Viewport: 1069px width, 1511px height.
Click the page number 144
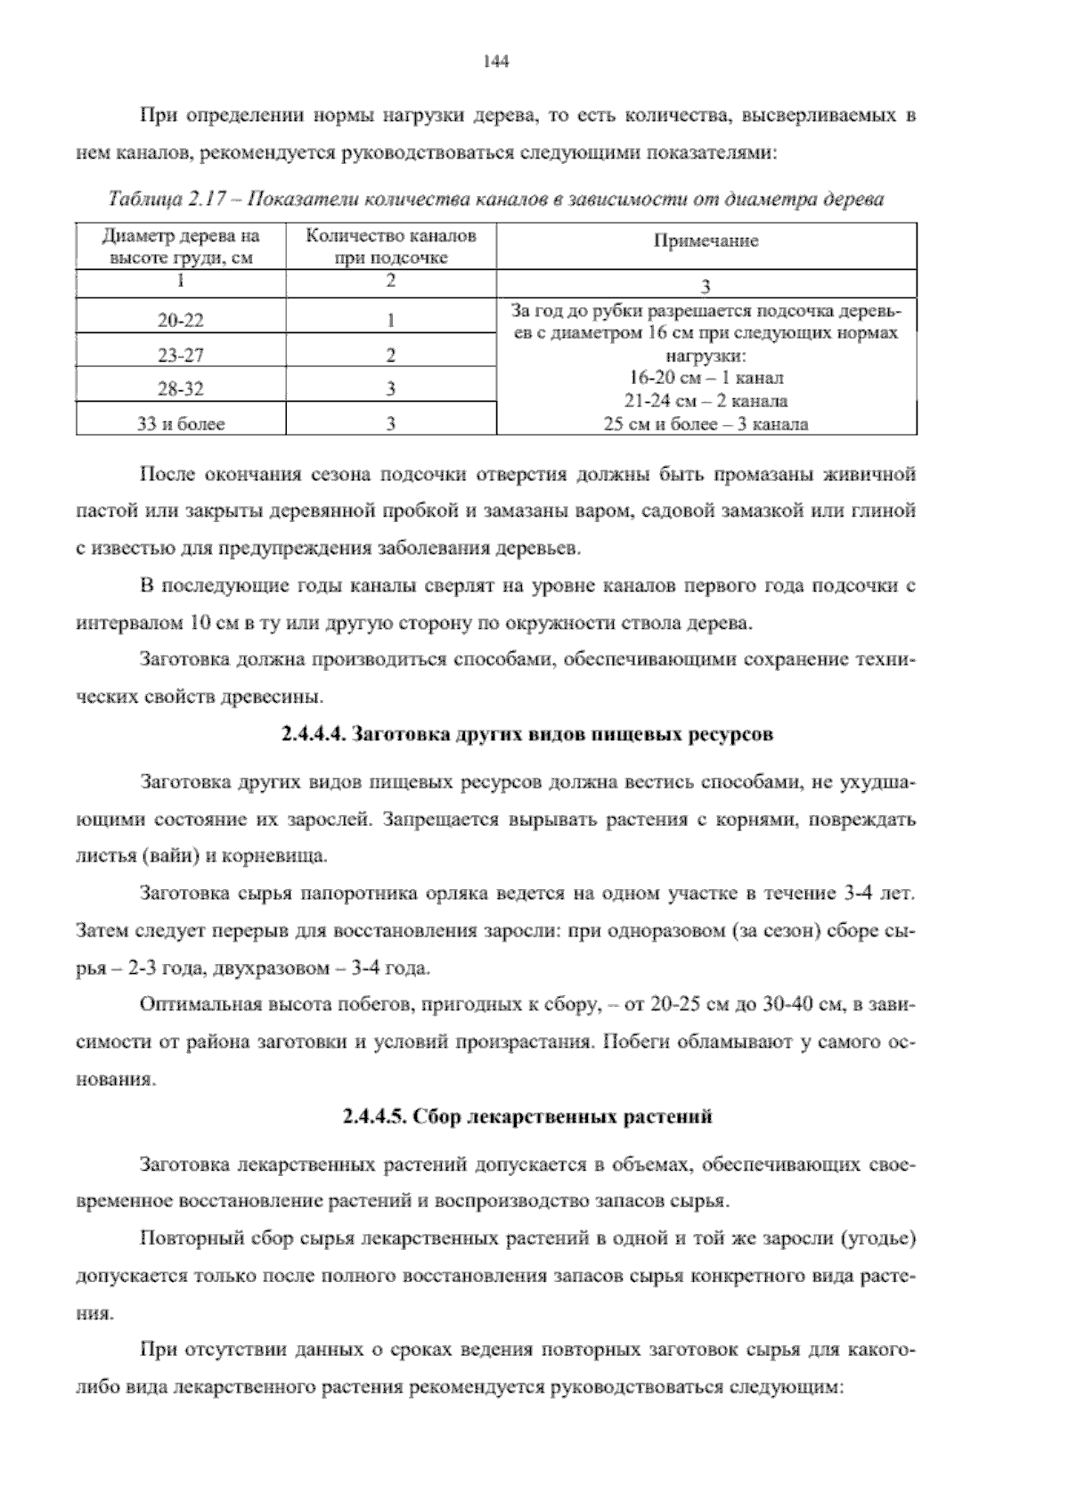click(494, 61)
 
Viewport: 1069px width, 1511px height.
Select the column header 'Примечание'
click(706, 241)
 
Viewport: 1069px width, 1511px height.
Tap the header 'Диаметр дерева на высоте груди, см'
click(181, 247)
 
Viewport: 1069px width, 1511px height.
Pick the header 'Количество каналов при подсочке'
click(391, 247)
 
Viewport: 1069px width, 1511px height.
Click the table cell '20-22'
click(181, 321)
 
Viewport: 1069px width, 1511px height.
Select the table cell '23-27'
click(181, 355)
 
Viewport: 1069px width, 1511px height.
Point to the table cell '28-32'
click(181, 389)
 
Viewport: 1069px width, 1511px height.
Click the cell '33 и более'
click(181, 424)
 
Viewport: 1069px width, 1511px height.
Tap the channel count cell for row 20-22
click(391, 321)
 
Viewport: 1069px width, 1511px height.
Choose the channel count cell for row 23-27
click(391, 355)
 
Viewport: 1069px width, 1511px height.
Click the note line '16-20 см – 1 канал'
click(706, 379)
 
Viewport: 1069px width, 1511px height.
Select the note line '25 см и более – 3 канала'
click(706, 424)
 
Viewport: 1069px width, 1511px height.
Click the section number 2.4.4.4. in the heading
click(314, 735)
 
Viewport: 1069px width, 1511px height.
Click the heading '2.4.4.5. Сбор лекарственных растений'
click(527, 1116)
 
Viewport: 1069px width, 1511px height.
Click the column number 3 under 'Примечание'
click(706, 286)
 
